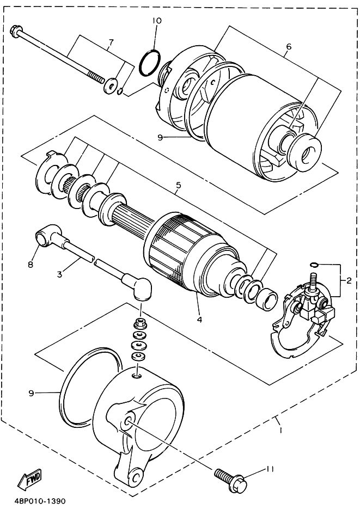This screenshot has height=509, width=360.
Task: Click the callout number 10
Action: [156, 21]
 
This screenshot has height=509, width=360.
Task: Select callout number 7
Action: [111, 42]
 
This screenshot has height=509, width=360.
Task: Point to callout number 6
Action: [289, 47]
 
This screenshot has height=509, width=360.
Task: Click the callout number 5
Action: [179, 186]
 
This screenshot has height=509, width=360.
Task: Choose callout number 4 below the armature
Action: [199, 320]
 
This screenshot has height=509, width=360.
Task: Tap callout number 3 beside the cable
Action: [59, 274]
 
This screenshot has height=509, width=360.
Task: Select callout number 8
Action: [30, 265]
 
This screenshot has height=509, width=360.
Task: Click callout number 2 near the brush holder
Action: [349, 281]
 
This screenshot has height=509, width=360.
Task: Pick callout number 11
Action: [270, 469]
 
